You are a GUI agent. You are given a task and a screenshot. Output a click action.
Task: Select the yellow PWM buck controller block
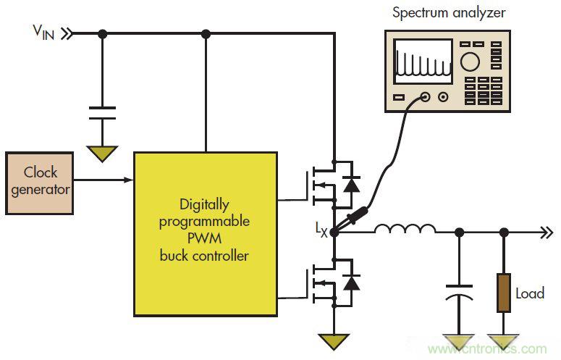(205, 233)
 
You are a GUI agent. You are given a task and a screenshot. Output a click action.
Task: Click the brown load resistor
(504, 293)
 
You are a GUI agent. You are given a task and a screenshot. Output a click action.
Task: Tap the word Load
(529, 294)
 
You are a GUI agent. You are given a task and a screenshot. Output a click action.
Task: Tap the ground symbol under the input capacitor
(102, 153)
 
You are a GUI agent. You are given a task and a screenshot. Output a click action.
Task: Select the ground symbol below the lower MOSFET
(334, 339)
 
